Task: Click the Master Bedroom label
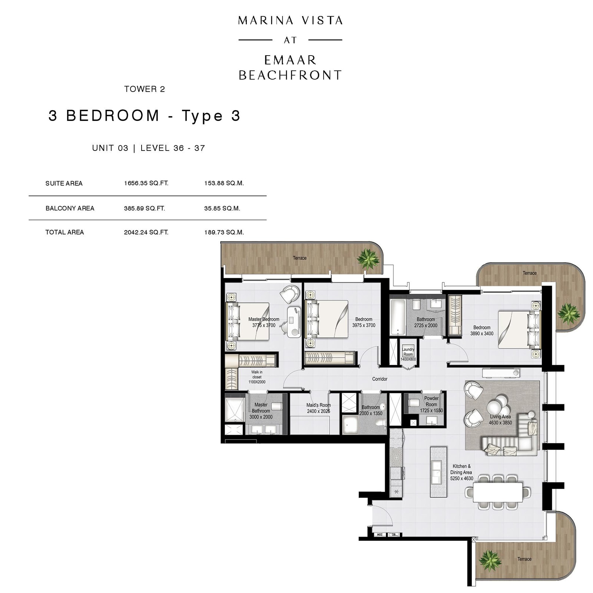click(x=264, y=319)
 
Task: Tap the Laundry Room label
click(x=408, y=352)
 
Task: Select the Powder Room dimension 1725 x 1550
click(x=431, y=411)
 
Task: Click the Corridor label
click(x=380, y=379)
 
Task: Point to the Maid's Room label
click(x=318, y=405)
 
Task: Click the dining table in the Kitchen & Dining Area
click(x=498, y=492)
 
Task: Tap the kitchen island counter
click(x=438, y=472)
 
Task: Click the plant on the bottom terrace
click(x=490, y=560)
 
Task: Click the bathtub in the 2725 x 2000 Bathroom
click(x=397, y=317)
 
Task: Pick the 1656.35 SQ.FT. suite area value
click(x=146, y=183)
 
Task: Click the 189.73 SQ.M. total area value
click(x=224, y=232)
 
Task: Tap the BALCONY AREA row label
click(x=70, y=208)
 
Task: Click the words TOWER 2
click(x=145, y=89)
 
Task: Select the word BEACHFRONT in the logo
click(x=290, y=75)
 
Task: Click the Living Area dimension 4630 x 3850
click(x=500, y=423)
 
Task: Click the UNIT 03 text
click(x=110, y=148)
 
